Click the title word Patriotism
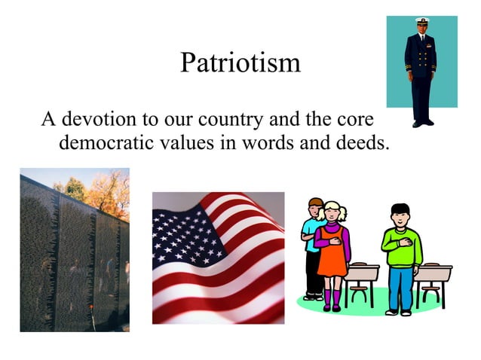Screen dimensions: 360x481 pyautogui.click(x=240, y=63)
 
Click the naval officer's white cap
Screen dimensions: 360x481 pyautogui.click(x=421, y=23)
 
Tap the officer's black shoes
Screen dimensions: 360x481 pyautogui.click(x=421, y=122)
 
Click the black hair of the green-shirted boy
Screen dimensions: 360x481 pyautogui.click(x=400, y=209)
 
